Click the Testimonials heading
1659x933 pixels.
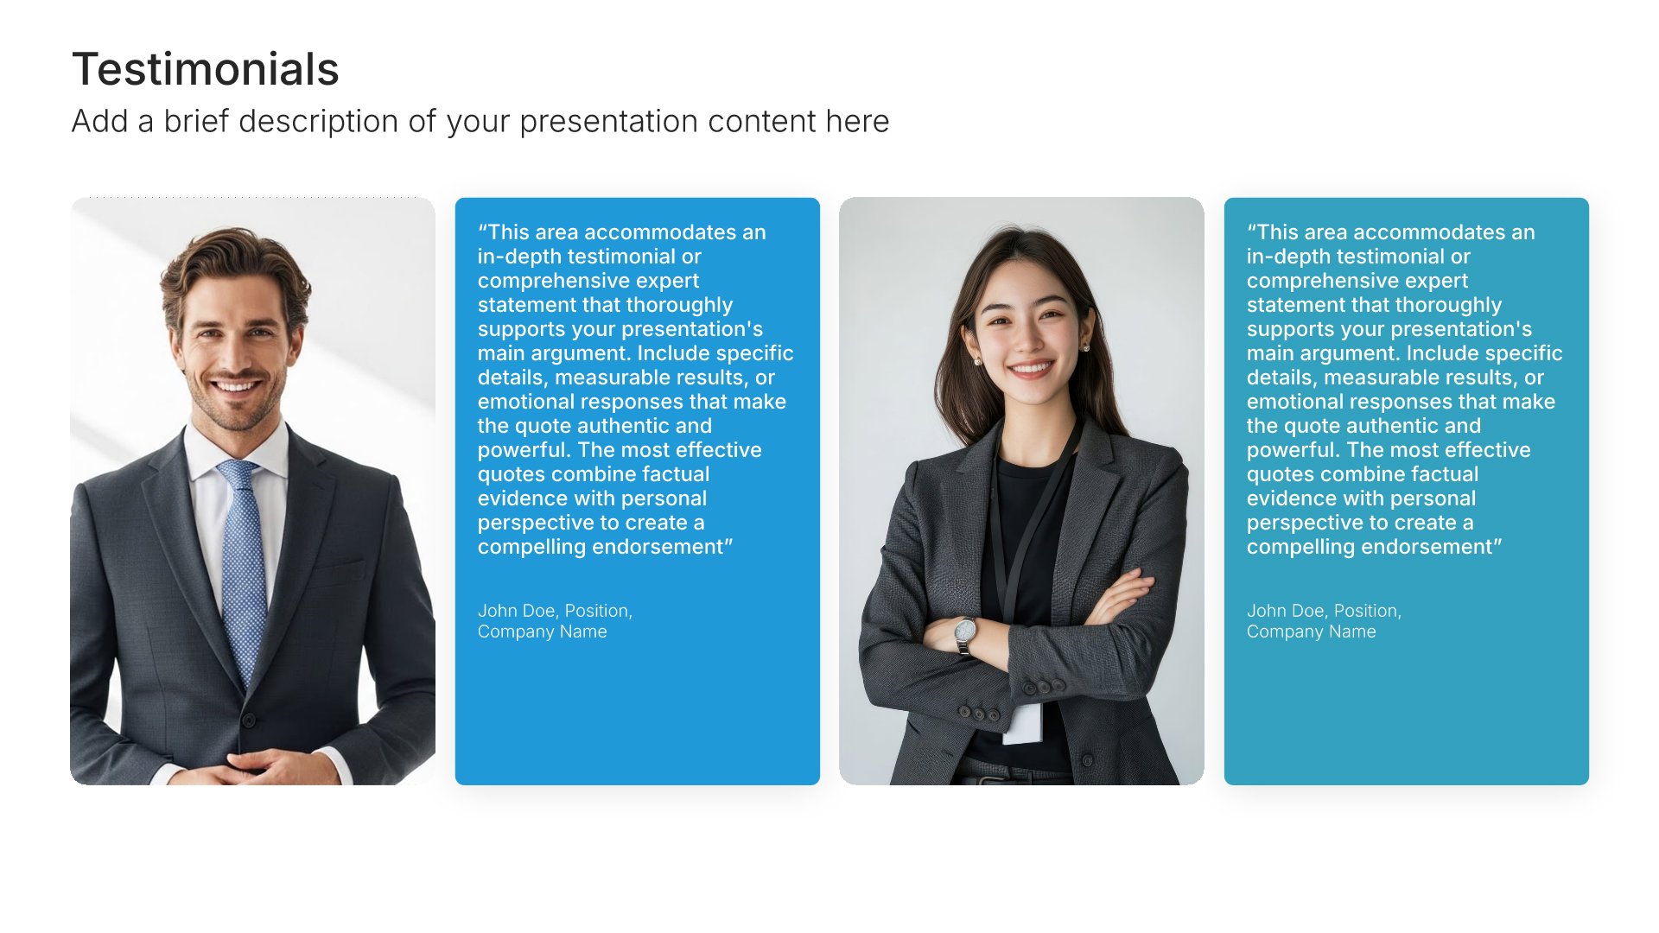(206, 69)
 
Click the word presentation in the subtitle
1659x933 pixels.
(609, 122)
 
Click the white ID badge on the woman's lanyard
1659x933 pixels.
(1023, 723)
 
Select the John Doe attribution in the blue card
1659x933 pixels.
(555, 621)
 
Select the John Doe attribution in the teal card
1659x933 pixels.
(1324, 621)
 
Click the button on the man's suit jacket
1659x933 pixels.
(249, 720)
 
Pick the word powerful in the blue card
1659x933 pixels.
(524, 451)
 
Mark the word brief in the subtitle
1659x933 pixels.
(197, 122)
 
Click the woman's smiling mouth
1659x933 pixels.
(1031, 369)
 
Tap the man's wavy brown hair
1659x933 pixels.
(235, 268)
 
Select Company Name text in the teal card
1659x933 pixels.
(1312, 632)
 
